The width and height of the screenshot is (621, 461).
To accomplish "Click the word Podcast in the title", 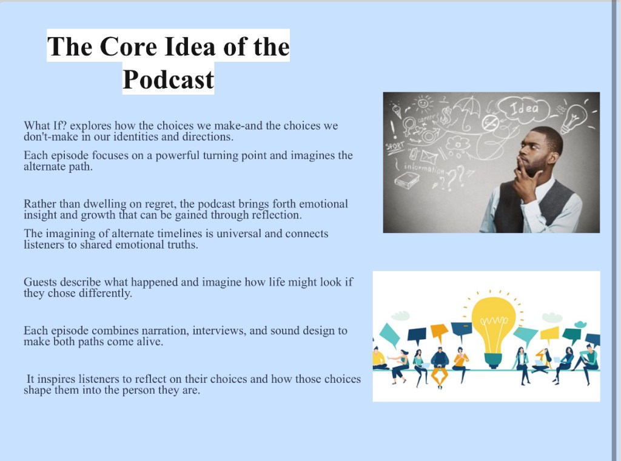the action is pyautogui.click(x=169, y=79).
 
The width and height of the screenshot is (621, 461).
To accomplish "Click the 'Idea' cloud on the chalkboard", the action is pyautogui.click(x=523, y=108).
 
